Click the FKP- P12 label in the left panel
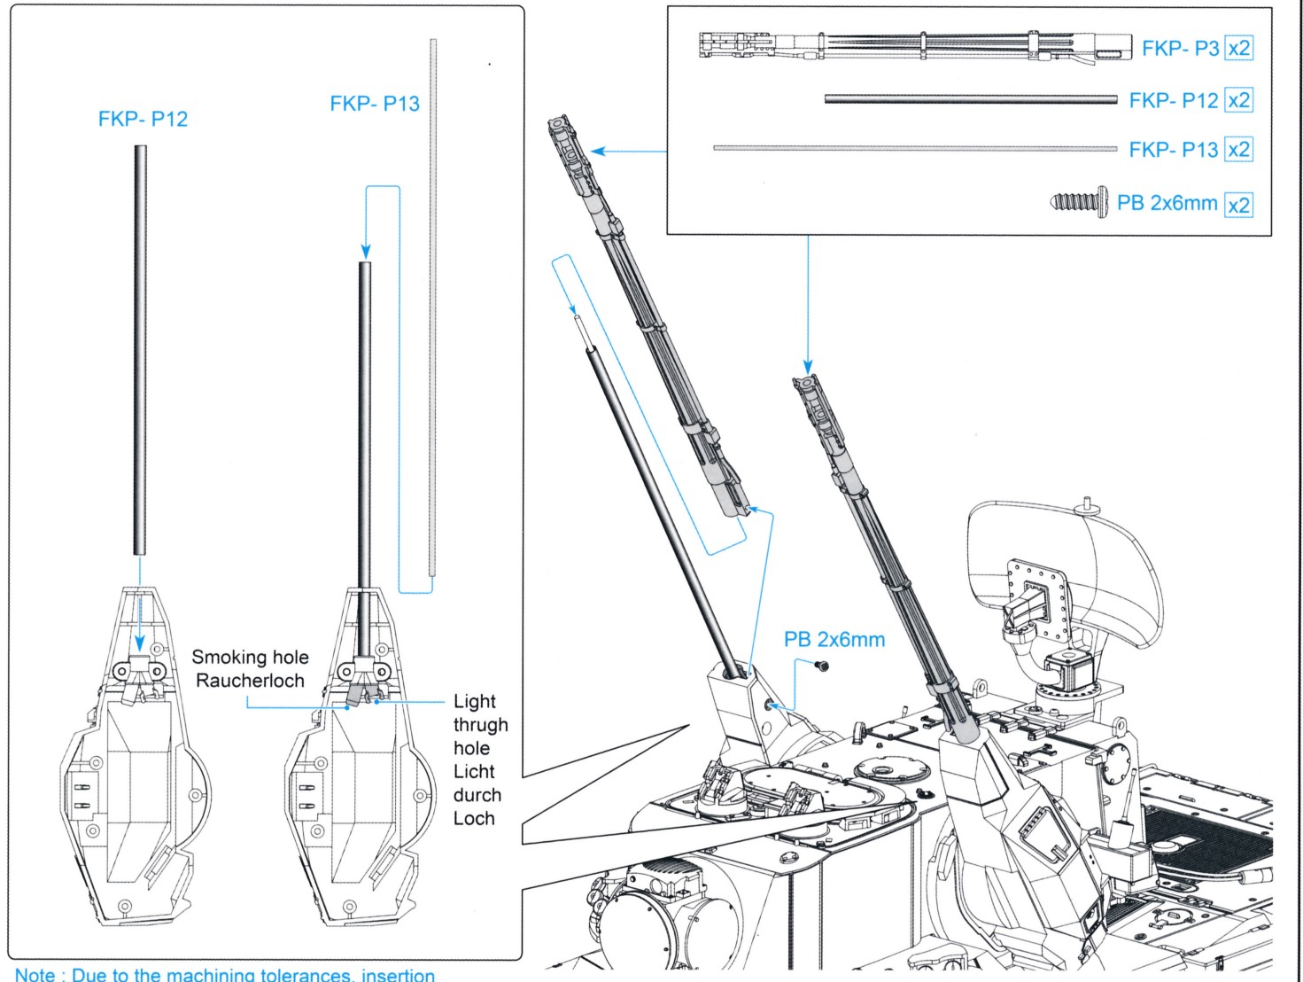click(x=143, y=120)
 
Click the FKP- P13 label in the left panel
click(x=375, y=104)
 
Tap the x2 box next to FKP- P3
click(x=1238, y=48)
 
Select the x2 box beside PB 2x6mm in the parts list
click(x=1238, y=205)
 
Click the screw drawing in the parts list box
click(x=1079, y=203)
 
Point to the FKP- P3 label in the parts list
click(x=1180, y=48)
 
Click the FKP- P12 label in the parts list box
click(x=1174, y=100)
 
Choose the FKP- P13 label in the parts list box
click(x=1174, y=150)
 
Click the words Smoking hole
click(x=250, y=658)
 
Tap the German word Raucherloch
click(x=250, y=681)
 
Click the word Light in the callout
click(x=475, y=702)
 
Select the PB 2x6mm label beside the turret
click(x=834, y=640)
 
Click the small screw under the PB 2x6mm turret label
click(x=821, y=666)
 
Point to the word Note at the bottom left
click(x=35, y=973)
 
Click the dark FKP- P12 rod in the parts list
click(x=970, y=99)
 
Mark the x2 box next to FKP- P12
click(x=1238, y=100)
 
